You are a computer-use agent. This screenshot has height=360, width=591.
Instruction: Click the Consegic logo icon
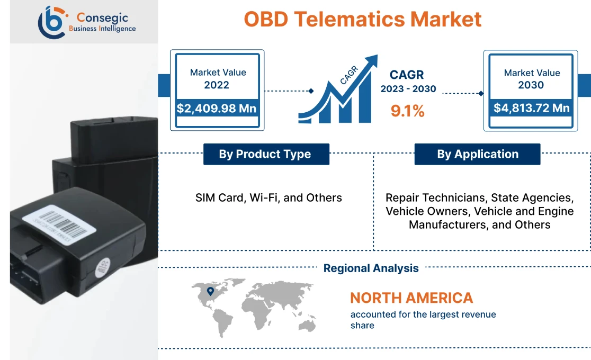(x=52, y=22)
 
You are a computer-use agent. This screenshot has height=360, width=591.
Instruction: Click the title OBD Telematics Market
(x=363, y=19)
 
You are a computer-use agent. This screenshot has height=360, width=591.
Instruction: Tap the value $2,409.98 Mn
(x=217, y=109)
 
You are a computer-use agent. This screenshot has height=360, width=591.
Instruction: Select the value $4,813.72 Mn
(x=532, y=108)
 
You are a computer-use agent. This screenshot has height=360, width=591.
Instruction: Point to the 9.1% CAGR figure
(x=407, y=111)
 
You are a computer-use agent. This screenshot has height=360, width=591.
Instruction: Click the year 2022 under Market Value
(x=217, y=85)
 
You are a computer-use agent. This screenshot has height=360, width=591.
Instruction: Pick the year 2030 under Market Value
(x=531, y=85)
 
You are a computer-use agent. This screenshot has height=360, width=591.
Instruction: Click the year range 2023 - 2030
(x=408, y=89)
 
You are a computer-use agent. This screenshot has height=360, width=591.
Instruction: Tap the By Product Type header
(x=265, y=154)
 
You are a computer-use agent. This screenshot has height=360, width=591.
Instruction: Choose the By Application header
(x=477, y=154)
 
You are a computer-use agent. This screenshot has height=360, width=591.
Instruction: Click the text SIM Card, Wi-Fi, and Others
(x=268, y=197)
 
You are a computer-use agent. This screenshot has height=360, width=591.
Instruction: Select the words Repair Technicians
(x=435, y=197)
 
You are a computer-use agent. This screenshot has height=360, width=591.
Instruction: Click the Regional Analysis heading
(x=371, y=268)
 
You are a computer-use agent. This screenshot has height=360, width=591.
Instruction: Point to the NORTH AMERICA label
(x=411, y=298)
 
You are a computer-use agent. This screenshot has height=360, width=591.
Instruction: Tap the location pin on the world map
(x=210, y=291)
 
